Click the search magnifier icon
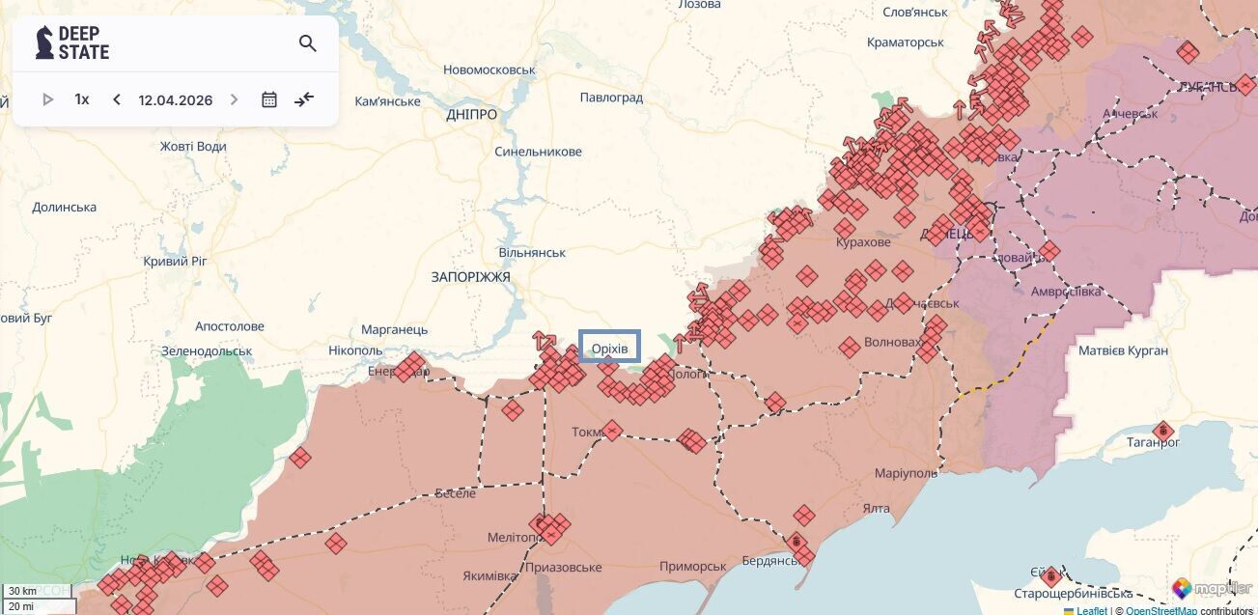pyautogui.click(x=307, y=43)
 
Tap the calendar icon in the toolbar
pyautogui.click(x=269, y=99)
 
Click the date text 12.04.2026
pyautogui.click(x=175, y=99)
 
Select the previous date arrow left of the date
pyautogui.click(x=117, y=99)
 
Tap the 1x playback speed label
pyautogui.click(x=82, y=99)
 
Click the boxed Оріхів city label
pyautogui.click(x=609, y=347)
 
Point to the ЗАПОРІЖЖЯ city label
pyautogui.click(x=470, y=277)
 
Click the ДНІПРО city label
pyautogui.click(x=472, y=115)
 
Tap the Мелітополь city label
pyautogui.click(x=512, y=538)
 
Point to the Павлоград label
pyautogui.click(x=611, y=98)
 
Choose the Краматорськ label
pyautogui.click(x=905, y=42)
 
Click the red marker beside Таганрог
pyautogui.click(x=1163, y=430)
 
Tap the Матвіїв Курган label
pyautogui.click(x=1123, y=350)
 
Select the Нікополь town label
pyautogui.click(x=355, y=350)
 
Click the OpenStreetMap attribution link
pyautogui.click(x=1160, y=610)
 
